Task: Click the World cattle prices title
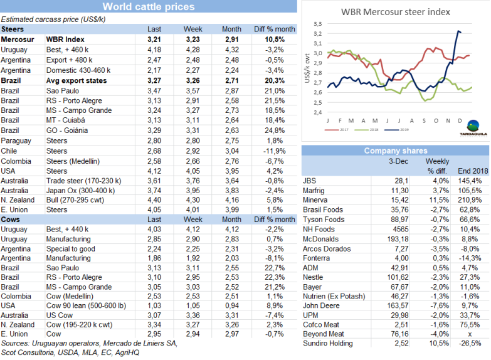click(149, 7)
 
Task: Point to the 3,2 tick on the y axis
click(317, 33)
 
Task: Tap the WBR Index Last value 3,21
click(154, 39)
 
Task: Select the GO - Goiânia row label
click(70, 130)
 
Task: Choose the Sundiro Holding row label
click(331, 344)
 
